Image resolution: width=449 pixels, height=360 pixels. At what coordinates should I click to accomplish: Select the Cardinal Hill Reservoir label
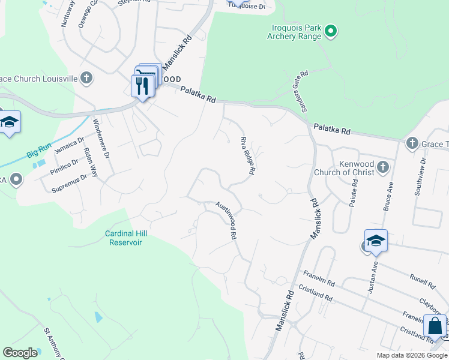click(126, 238)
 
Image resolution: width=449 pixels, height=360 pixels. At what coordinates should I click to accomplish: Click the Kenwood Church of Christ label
click(344, 168)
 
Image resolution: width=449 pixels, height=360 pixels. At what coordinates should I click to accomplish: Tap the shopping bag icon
click(435, 327)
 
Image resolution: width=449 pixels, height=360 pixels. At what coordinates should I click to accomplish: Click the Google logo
click(20, 353)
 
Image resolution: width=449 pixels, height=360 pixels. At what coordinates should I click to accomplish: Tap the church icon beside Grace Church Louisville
click(87, 77)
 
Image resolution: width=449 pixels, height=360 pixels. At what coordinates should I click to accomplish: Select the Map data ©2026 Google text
click(411, 355)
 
